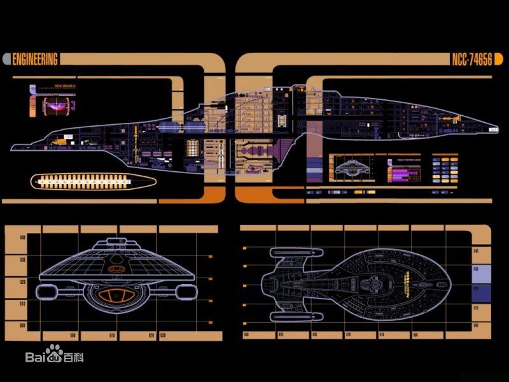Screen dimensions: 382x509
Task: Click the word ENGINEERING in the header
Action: (x=36, y=60)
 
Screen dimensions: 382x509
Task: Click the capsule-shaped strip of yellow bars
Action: (x=94, y=181)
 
